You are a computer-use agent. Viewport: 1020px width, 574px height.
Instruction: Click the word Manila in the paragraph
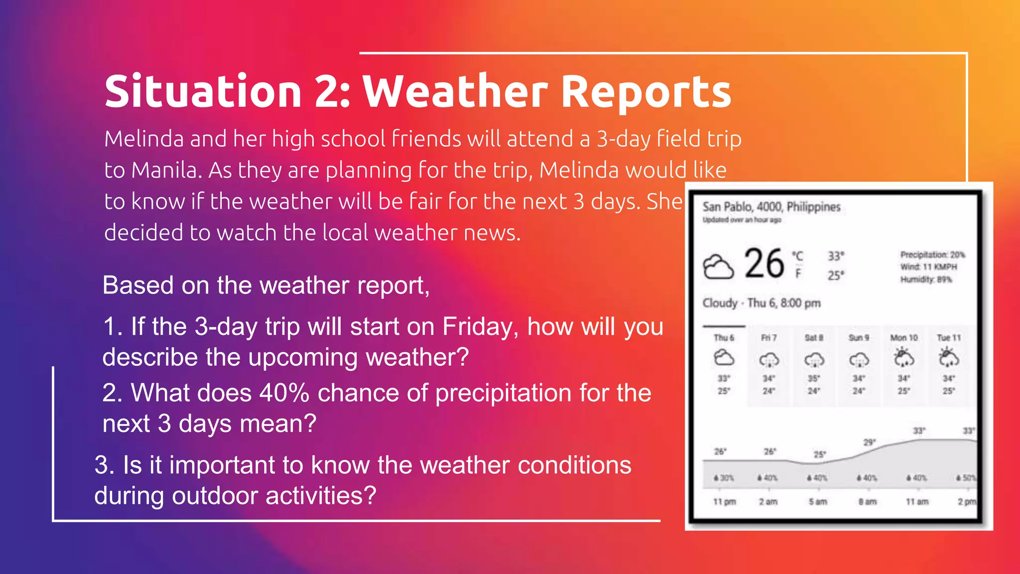tap(167, 170)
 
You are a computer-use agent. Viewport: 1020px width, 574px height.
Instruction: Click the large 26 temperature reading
tap(764, 264)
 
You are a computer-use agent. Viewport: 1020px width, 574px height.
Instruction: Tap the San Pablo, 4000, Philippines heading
tap(771, 207)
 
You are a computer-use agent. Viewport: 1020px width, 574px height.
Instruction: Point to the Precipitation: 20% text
tap(932, 255)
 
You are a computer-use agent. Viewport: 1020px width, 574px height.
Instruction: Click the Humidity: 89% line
tap(926, 280)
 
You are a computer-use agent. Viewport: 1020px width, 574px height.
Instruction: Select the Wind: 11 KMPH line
tap(928, 267)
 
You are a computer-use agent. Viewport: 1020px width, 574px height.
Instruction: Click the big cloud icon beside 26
tap(718, 267)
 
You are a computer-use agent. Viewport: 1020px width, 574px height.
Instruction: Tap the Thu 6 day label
tap(724, 338)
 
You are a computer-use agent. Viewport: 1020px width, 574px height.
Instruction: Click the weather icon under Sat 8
tap(814, 359)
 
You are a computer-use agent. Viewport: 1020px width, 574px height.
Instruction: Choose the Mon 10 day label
tap(903, 338)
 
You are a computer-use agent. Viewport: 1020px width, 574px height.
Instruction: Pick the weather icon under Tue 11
tap(948, 358)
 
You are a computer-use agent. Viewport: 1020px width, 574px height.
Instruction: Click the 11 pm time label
tap(724, 502)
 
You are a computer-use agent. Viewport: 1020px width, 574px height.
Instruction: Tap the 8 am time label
tap(867, 502)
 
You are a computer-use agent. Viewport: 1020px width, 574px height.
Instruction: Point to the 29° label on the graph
tap(869, 442)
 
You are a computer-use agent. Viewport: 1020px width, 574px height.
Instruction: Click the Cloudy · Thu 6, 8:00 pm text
tap(761, 303)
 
